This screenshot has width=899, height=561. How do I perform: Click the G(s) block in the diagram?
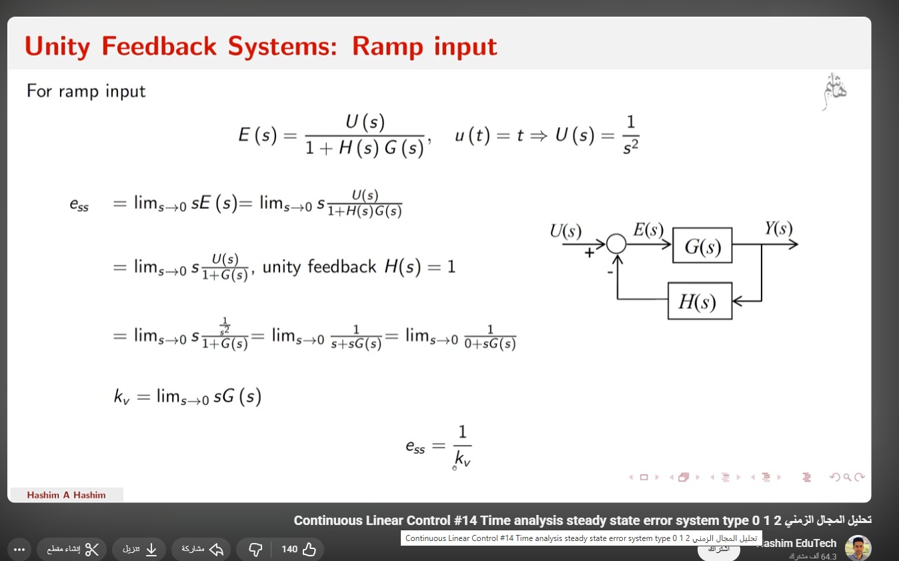coord(702,246)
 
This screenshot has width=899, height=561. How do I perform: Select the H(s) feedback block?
coord(700,302)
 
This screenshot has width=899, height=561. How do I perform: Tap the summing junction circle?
coord(616,245)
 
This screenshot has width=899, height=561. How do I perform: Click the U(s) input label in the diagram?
coord(566,231)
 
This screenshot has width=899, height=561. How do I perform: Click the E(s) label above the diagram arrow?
coord(648,230)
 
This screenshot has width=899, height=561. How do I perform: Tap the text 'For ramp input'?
coord(86,91)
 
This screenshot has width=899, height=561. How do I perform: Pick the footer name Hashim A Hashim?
coord(66,495)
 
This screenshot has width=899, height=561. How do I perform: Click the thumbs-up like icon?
coord(309,549)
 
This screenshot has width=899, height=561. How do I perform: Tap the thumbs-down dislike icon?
coord(255,549)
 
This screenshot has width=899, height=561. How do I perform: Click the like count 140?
coord(289,549)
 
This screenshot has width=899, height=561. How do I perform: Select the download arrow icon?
coord(151,549)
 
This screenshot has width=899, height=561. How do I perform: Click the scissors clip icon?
coord(91,549)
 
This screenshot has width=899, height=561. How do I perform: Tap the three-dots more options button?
coord(19,549)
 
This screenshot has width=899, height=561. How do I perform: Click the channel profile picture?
coord(858,548)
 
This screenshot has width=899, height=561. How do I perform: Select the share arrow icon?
coord(216,549)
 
